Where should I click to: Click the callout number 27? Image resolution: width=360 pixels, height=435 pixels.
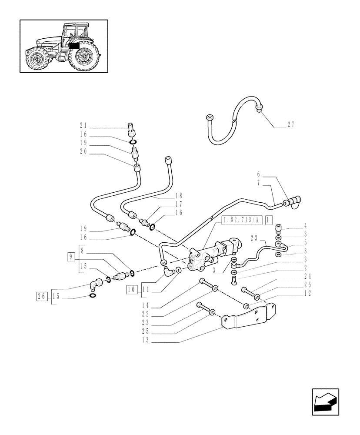coord(291,124)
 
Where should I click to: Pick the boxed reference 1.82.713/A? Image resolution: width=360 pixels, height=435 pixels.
coord(240,221)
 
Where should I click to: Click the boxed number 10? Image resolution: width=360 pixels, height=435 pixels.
coord(132,289)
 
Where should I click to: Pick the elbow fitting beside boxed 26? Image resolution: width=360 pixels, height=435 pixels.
coord(95,286)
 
